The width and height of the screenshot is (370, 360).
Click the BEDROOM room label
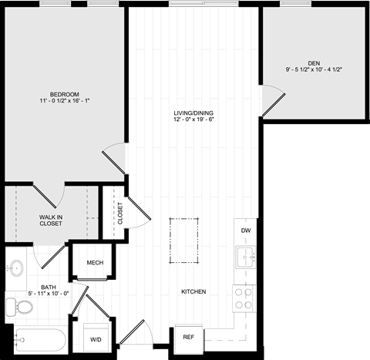[65, 94]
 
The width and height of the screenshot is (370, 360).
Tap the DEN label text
[314, 63]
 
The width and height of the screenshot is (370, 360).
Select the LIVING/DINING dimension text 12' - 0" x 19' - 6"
[193, 119]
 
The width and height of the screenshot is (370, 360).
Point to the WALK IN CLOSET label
[51, 220]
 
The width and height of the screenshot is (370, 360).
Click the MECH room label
[95, 263]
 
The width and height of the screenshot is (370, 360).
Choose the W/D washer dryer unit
[96, 338]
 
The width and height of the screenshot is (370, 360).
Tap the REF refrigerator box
[189, 338]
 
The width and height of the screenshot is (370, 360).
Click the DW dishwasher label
[246, 230]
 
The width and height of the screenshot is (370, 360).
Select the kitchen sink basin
[246, 257]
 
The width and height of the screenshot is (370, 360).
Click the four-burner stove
[244, 298]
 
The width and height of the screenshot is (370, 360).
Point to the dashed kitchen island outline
[184, 241]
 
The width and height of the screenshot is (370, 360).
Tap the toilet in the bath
[19, 307]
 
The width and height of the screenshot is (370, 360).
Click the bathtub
[40, 340]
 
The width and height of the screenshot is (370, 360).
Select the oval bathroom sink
[16, 268]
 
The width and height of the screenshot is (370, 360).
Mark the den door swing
[273, 101]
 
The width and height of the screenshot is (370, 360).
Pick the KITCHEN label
[193, 291]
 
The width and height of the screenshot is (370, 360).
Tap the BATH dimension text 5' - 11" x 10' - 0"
[49, 294]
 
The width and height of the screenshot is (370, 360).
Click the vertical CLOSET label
[120, 214]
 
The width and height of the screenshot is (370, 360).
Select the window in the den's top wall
[296, 3]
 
